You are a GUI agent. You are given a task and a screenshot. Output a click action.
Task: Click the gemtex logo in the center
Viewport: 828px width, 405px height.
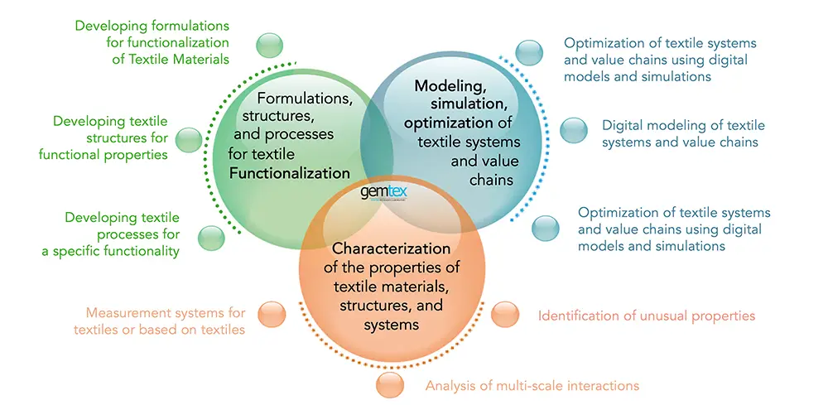[x=383, y=192]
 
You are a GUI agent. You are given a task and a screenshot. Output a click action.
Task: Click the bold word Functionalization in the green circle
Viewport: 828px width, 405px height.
[x=290, y=173]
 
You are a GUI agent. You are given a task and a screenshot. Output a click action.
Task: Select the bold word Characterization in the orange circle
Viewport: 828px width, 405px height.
[x=391, y=248]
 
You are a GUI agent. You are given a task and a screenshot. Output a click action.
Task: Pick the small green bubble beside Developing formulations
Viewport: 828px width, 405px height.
[x=271, y=46]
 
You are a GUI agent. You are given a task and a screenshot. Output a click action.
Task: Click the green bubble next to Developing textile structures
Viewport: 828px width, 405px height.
[x=188, y=139]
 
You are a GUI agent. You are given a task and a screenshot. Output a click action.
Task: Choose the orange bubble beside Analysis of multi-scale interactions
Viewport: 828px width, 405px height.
[x=390, y=383]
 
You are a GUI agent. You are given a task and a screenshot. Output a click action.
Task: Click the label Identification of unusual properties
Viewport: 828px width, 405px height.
[x=647, y=316]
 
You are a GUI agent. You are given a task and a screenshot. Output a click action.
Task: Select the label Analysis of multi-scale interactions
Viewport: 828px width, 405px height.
[x=532, y=385]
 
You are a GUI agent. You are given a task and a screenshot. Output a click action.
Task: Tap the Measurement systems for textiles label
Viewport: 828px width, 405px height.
[x=166, y=321]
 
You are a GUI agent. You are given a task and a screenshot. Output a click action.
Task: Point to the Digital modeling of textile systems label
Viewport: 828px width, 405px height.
[x=683, y=133]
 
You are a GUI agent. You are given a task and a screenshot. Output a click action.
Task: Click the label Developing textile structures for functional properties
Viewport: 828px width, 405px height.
[x=110, y=137]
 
